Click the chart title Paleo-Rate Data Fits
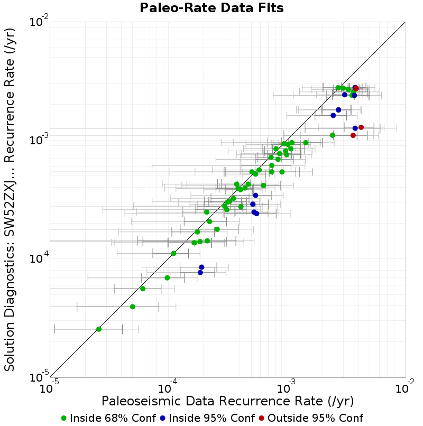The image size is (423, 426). (212, 7)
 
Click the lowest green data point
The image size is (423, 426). (99, 329)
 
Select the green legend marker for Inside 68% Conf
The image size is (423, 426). (63, 418)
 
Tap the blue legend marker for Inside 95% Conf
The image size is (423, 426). (162, 418)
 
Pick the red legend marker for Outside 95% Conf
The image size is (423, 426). (261, 418)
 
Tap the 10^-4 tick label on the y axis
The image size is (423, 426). (39, 257)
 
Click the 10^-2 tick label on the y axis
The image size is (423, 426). (39, 21)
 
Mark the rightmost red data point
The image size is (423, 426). (361, 127)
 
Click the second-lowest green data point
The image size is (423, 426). (133, 307)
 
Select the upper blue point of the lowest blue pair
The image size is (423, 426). (201, 267)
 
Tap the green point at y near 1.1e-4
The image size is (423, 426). (174, 254)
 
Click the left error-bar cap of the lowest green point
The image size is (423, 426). (54, 329)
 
